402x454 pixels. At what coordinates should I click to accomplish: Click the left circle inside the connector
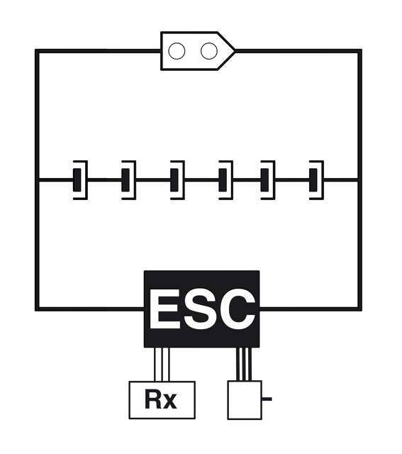pyautogui.click(x=177, y=51)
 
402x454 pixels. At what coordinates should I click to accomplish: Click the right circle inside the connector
pyautogui.click(x=209, y=51)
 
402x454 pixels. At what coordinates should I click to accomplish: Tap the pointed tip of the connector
pyautogui.click(x=235, y=51)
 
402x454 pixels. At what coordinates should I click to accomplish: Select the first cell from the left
pyautogui.click(x=80, y=179)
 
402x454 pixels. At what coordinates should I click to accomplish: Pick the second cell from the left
pyautogui.click(x=128, y=179)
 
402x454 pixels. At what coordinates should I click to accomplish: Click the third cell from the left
pyautogui.click(x=177, y=179)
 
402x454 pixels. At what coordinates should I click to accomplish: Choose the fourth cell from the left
pyautogui.click(x=225, y=179)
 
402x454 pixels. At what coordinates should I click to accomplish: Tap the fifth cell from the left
pyautogui.click(x=268, y=179)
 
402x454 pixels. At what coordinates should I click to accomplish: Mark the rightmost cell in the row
pyautogui.click(x=316, y=179)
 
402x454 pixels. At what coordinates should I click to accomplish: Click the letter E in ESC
pyautogui.click(x=164, y=309)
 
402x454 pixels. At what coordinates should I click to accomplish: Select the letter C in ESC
pyautogui.click(x=238, y=309)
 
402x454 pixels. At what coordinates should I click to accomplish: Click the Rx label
pyautogui.click(x=161, y=399)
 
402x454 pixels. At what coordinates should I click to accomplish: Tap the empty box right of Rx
pyautogui.click(x=245, y=400)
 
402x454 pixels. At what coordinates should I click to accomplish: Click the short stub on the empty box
pyautogui.click(x=267, y=399)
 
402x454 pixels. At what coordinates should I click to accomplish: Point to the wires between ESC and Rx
pyautogui.click(x=162, y=364)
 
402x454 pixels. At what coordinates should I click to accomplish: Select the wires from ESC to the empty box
pyautogui.click(x=244, y=364)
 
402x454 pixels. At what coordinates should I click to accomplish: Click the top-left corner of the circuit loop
pyautogui.click(x=37, y=51)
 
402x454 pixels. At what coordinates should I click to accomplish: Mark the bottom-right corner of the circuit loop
pyautogui.click(x=360, y=309)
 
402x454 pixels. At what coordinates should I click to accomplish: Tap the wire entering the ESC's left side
pyautogui.click(x=90, y=309)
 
